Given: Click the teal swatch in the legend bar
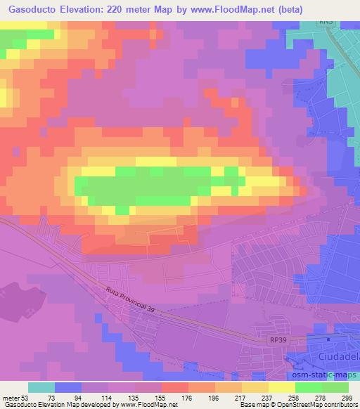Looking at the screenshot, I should (x=41, y=387).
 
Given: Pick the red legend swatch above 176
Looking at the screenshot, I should (x=174, y=387).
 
